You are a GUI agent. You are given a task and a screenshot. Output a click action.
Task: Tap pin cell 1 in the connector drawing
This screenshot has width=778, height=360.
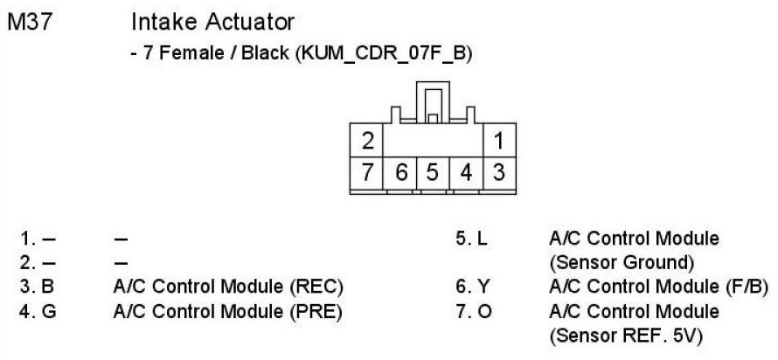tap(497, 141)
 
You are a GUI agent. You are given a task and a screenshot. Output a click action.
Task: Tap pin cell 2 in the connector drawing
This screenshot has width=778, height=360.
tap(367, 141)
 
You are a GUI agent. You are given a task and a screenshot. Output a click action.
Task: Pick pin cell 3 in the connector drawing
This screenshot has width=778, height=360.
tap(497, 170)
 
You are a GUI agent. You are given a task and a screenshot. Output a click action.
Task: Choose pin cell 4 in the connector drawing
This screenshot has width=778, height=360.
tap(466, 170)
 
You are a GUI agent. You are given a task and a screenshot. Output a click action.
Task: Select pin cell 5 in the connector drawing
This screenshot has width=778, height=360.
tap(433, 170)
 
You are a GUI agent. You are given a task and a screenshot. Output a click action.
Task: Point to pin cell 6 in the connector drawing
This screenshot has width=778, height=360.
tap(400, 170)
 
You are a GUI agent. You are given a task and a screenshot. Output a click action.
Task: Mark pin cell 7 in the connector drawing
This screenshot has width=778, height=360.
tap(367, 170)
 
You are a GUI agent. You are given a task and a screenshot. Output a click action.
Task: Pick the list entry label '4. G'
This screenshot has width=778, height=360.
tap(38, 310)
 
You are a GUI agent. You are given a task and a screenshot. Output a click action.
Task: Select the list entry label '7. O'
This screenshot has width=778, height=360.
tap(473, 310)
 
